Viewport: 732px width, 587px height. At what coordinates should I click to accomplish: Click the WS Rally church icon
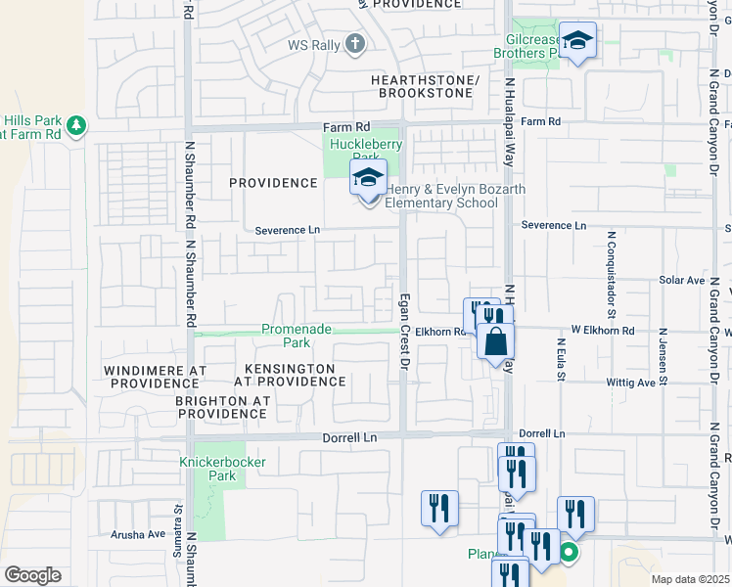coord(354,44)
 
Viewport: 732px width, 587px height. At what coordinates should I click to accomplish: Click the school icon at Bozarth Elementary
coord(369,178)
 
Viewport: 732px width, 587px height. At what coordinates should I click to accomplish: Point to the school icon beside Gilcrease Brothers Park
coord(578,40)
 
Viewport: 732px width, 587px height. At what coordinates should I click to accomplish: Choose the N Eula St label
coord(562,362)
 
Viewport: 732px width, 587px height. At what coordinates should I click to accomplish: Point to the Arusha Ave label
coord(137,534)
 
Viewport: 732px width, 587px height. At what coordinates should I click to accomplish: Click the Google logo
coord(32,575)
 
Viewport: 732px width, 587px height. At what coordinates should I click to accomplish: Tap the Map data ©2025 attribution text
coord(690,579)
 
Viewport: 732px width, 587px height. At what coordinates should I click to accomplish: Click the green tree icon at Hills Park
coord(76,125)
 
